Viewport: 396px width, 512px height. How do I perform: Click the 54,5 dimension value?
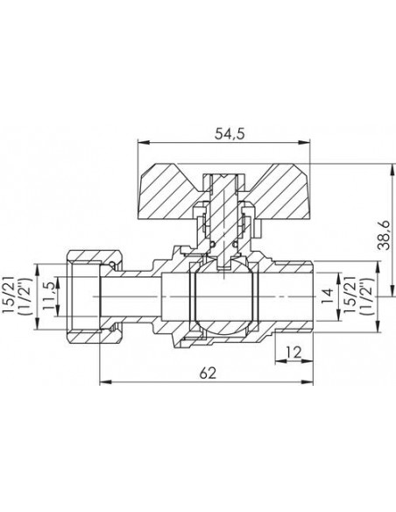(230, 134)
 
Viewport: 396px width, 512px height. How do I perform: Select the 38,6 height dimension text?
(385, 235)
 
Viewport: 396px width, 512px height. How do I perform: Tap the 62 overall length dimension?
(208, 373)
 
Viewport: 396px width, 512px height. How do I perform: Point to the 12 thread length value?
(294, 352)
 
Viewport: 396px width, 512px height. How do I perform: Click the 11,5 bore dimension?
(48, 297)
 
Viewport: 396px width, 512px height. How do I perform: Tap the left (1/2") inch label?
(25, 296)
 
